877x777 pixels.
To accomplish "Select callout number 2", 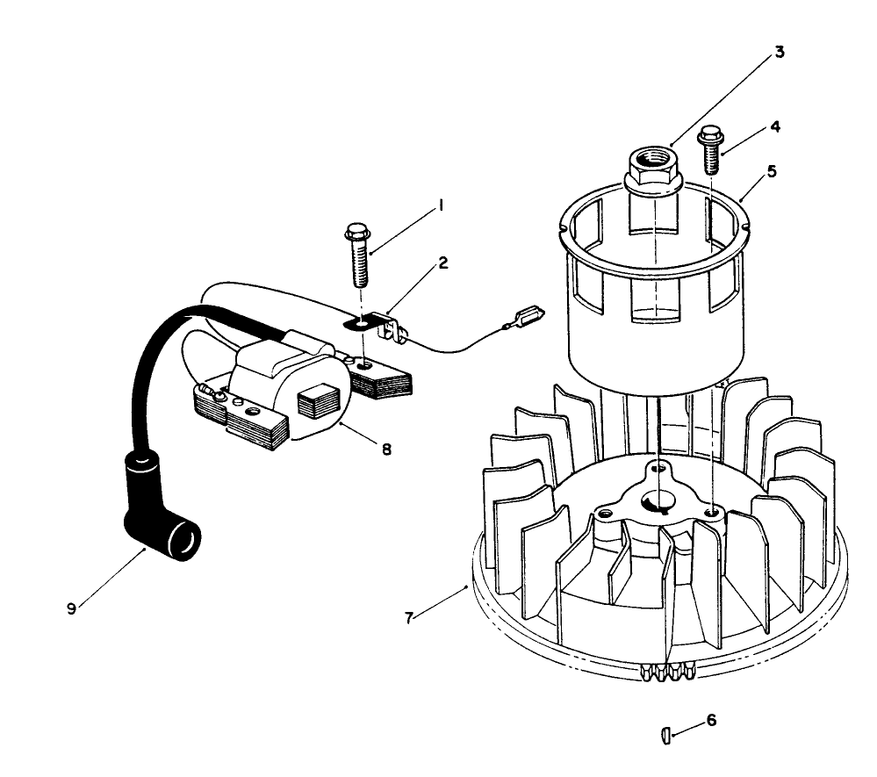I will (444, 263).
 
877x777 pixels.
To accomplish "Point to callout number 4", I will (775, 126).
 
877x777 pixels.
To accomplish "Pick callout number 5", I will (771, 171).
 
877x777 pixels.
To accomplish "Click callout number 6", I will (711, 719).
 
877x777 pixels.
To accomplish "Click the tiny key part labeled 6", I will (665, 734).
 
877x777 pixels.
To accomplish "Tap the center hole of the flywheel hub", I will (655, 500).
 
